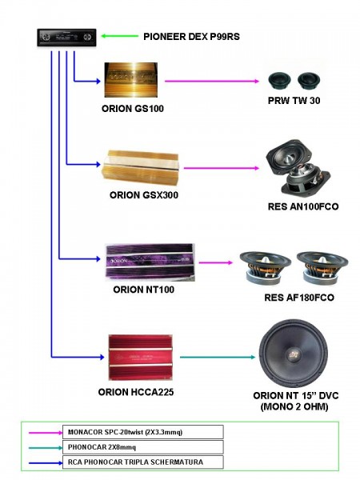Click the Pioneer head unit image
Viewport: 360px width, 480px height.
[66, 38]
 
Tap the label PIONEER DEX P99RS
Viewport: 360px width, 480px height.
[192, 37]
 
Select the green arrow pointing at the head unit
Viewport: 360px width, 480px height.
[119, 36]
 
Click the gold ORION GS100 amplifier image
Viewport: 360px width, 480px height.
[131, 80]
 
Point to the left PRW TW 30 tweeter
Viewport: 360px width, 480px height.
[279, 81]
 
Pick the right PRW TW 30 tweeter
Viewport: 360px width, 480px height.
[309, 81]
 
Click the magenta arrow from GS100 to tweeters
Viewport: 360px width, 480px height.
[212, 81]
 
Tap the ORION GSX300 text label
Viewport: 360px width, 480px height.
[144, 195]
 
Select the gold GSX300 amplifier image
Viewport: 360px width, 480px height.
[141, 168]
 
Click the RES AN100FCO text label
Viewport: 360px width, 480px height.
[303, 206]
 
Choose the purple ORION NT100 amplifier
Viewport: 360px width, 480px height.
[150, 262]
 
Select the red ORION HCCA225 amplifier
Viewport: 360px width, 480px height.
[141, 358]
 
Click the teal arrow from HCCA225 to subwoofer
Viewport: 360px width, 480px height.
[218, 357]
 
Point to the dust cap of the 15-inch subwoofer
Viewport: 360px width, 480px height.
[294, 355]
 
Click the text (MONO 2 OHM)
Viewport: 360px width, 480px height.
[294, 407]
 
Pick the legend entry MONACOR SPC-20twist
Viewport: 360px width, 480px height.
[125, 432]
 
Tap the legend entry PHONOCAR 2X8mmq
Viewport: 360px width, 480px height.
[102, 447]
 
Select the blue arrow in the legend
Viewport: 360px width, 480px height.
[46, 463]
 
